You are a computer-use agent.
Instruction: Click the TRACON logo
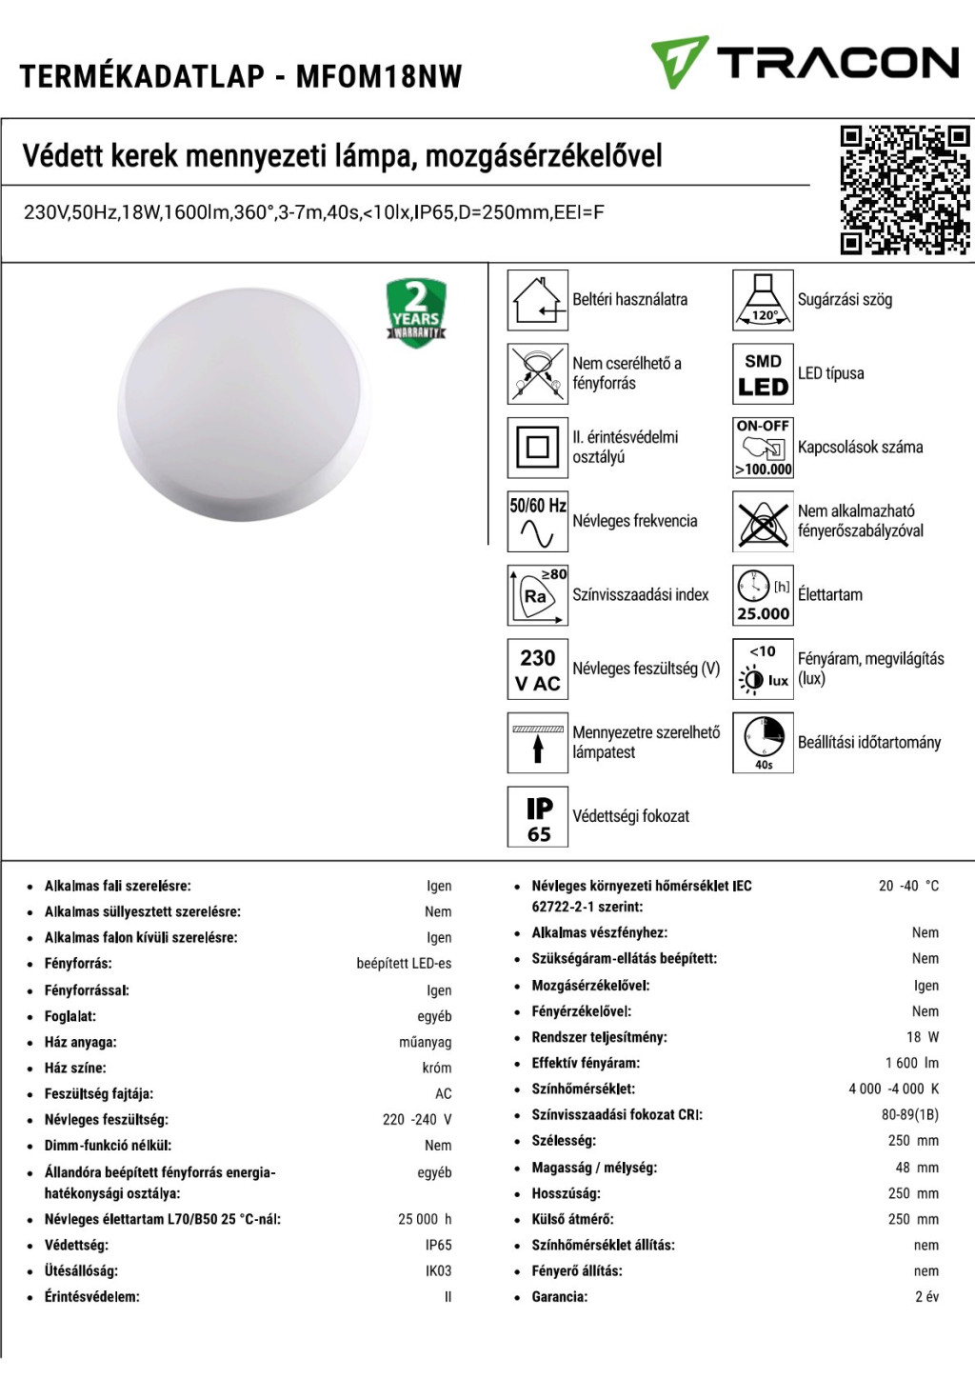805,62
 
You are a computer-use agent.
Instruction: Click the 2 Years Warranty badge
416,312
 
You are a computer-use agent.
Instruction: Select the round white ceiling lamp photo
246,404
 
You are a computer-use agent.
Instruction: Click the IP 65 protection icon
538,816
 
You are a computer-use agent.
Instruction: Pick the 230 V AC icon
538,670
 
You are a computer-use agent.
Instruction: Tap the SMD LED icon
763,373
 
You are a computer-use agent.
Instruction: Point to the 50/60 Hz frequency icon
538,521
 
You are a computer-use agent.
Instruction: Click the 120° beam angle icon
763,300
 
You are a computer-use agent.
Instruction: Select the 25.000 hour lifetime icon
763,595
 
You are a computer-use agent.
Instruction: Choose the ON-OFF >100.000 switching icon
763,447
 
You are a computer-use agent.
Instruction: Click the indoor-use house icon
538,300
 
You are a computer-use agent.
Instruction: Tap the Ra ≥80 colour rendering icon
538,595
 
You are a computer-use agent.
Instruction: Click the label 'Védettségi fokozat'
630,816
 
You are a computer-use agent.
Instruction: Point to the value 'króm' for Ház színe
437,1068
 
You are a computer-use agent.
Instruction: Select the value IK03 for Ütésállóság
438,1270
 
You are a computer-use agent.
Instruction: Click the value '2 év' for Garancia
926,1296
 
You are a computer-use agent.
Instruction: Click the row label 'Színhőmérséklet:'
583,1089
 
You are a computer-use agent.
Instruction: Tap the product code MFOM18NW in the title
379,76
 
